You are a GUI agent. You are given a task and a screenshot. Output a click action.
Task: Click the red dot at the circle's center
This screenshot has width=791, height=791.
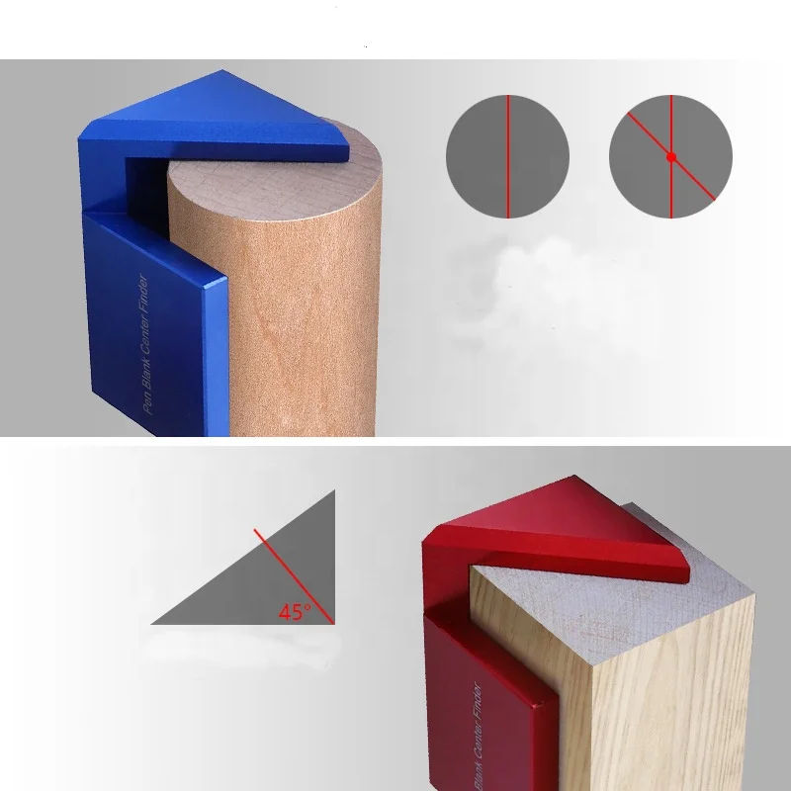tap(671, 156)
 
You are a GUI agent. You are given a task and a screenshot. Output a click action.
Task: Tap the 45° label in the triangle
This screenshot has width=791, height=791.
tap(294, 612)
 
